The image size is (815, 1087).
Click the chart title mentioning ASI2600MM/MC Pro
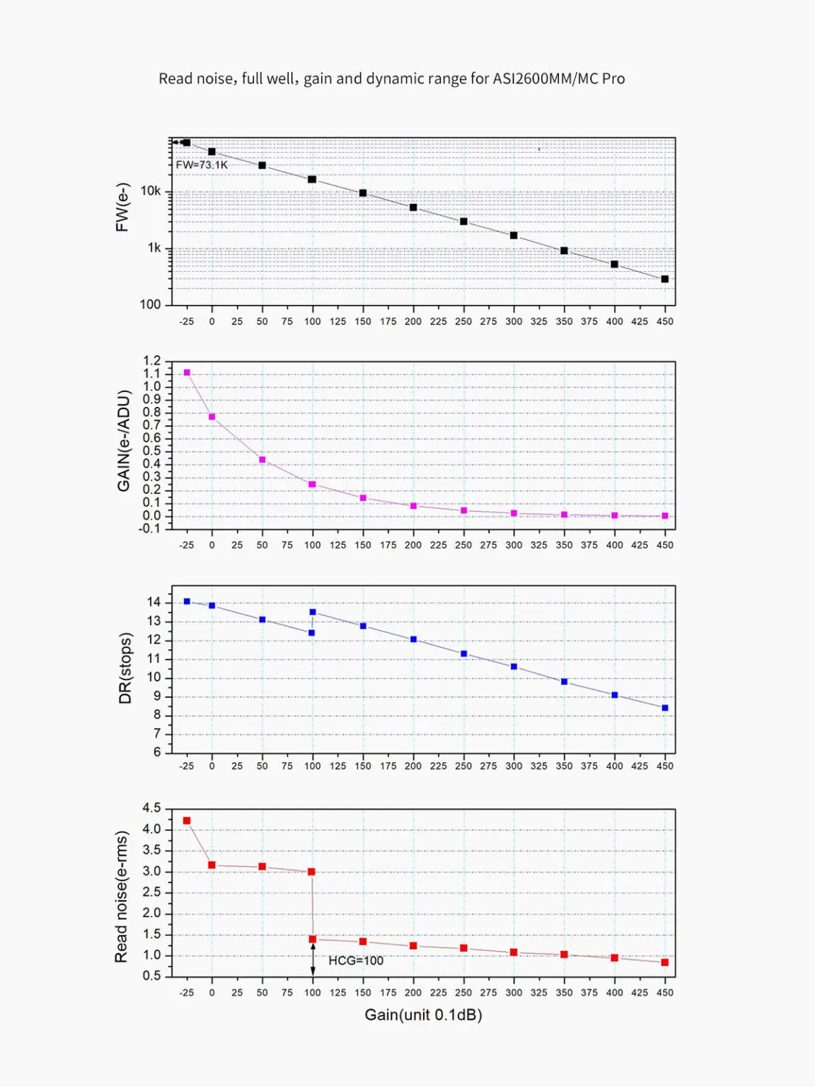coord(391,79)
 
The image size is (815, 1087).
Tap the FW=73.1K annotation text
coord(202,165)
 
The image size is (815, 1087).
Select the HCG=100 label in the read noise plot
coord(355,960)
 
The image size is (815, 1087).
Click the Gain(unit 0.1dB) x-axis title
coord(423,1015)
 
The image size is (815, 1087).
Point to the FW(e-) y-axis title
coord(122,207)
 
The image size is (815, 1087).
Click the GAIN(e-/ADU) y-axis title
coord(124,441)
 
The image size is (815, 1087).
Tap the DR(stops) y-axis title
coord(125,668)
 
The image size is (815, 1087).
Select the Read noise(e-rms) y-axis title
coord(122,897)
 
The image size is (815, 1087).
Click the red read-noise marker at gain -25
coord(187,821)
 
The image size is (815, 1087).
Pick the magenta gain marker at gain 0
coord(212,417)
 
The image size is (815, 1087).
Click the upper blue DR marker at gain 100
coord(313,612)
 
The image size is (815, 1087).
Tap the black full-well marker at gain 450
coord(665,279)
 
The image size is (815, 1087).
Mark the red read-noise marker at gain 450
coord(665,962)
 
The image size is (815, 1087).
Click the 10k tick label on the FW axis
coord(151,191)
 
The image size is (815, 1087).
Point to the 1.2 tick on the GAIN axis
coord(152,361)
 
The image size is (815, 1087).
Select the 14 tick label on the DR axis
coord(154,602)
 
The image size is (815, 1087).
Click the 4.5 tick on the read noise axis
coord(152,808)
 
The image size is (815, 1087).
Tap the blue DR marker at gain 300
coord(514,667)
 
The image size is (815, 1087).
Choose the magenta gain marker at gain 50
coord(262,460)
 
